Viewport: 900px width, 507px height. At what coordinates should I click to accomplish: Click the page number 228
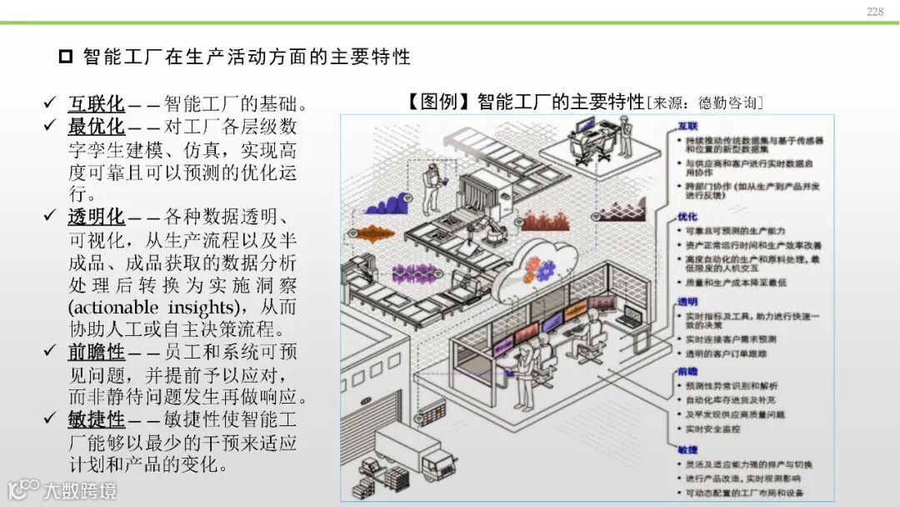874,11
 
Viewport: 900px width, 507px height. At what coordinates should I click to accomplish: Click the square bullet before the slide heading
66,57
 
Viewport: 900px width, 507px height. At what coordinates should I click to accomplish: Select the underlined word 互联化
96,104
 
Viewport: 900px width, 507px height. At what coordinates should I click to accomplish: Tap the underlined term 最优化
96,127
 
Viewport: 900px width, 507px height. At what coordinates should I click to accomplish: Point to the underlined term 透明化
96,217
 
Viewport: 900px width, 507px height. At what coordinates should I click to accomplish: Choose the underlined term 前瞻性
96,352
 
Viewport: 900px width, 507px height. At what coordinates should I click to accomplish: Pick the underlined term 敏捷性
96,419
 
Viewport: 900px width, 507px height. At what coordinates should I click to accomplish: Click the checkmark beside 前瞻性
49,352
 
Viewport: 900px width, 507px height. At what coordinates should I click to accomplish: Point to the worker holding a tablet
432,188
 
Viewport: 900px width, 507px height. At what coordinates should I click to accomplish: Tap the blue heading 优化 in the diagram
687,217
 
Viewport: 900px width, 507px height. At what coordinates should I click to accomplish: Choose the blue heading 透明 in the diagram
687,301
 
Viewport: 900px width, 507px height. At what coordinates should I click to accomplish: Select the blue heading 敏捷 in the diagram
687,449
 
